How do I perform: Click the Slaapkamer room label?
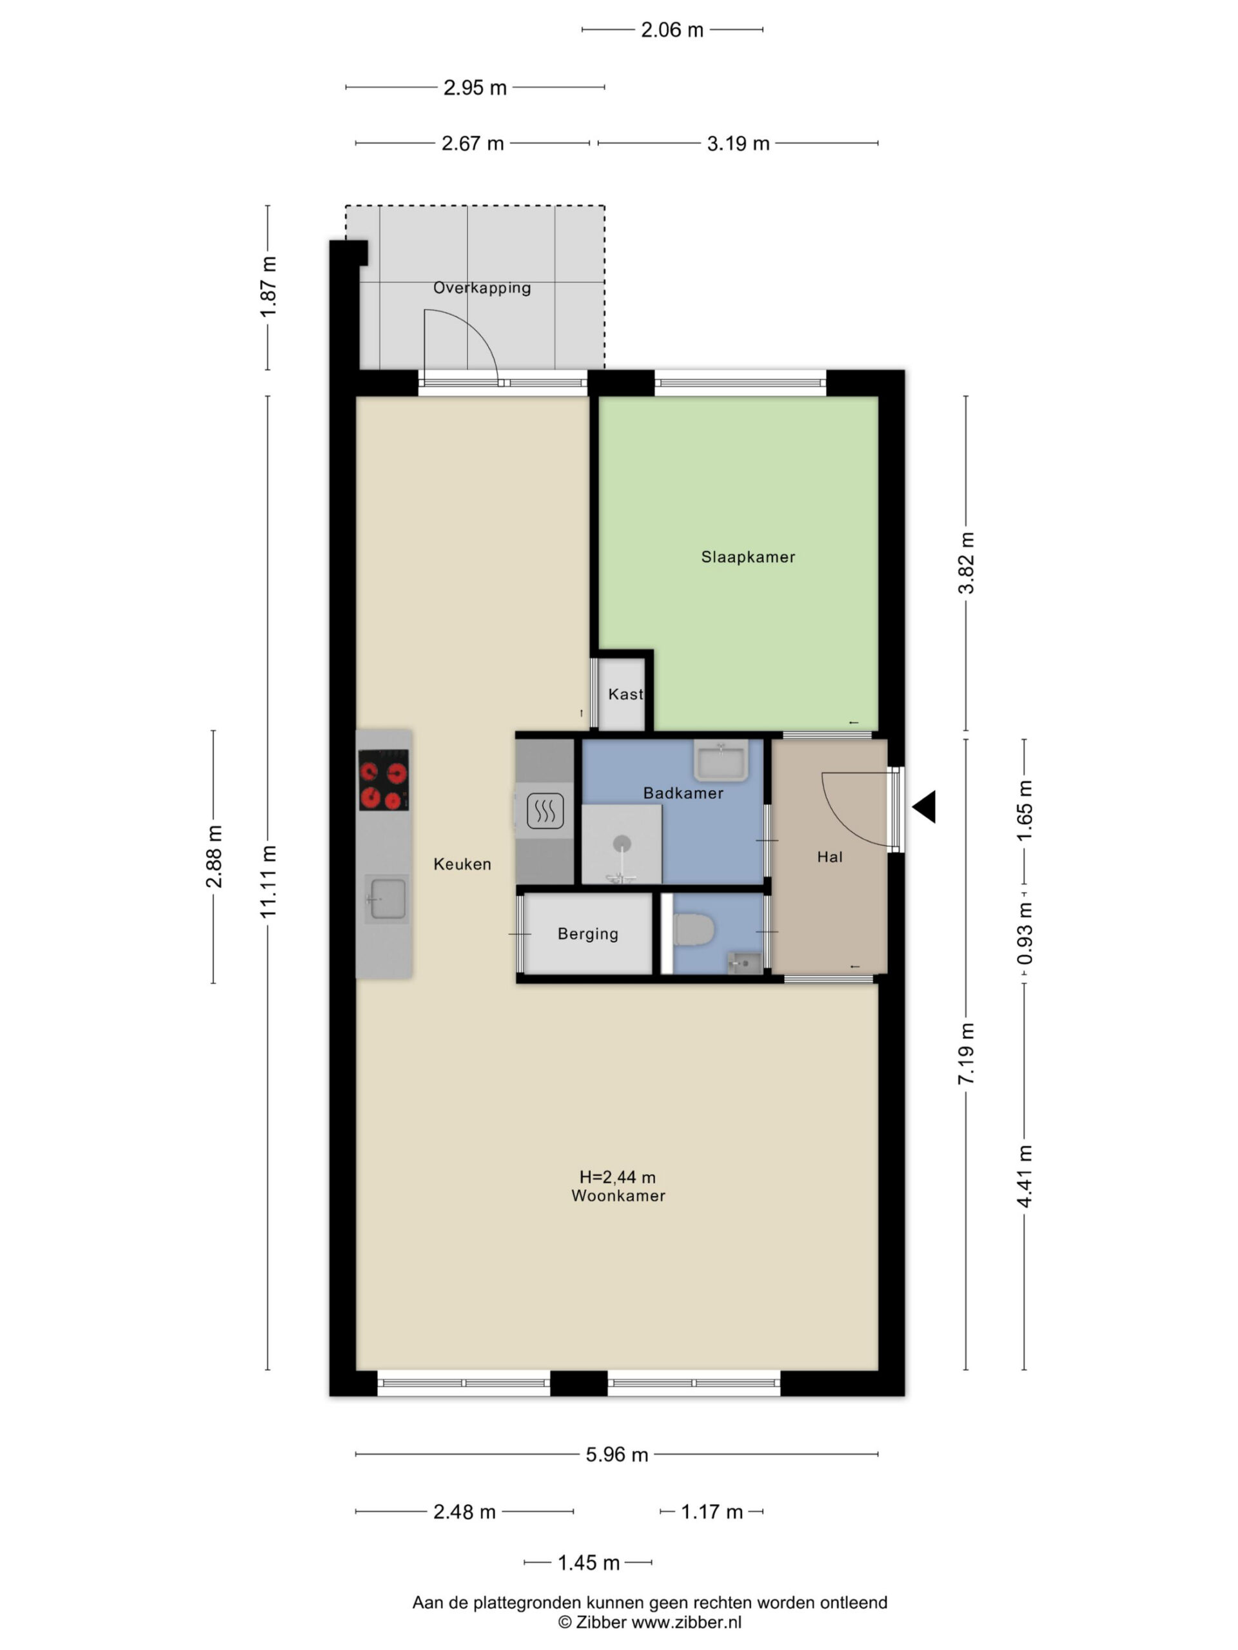(748, 556)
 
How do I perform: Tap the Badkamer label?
(683, 793)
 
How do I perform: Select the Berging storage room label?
(588, 934)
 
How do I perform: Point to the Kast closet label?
(625, 694)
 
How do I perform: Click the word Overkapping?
(482, 288)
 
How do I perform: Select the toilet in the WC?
(694, 930)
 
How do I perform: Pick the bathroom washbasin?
(721, 759)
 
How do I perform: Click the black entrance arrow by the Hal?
(925, 807)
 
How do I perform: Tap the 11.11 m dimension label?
(268, 882)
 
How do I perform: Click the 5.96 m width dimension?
(616, 1455)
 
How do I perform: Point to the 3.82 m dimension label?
(967, 563)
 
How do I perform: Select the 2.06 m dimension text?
(673, 30)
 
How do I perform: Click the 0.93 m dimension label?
(1025, 933)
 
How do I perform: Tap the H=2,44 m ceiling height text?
(617, 1177)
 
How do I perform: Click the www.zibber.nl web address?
(687, 1622)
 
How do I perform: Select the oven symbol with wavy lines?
(545, 811)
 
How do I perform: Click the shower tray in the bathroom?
(622, 845)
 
